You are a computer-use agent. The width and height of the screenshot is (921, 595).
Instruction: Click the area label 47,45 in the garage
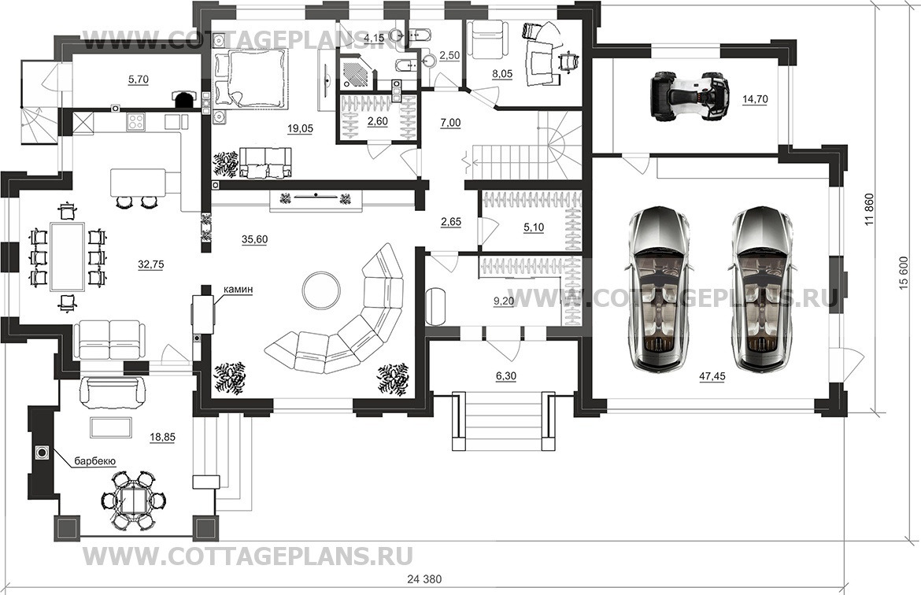pos(712,377)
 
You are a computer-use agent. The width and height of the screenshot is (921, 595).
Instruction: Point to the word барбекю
pos(97,461)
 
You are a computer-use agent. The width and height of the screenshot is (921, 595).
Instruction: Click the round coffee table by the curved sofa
pos(321,289)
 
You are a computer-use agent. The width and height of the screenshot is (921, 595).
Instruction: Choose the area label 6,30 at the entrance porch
pos(506,377)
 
